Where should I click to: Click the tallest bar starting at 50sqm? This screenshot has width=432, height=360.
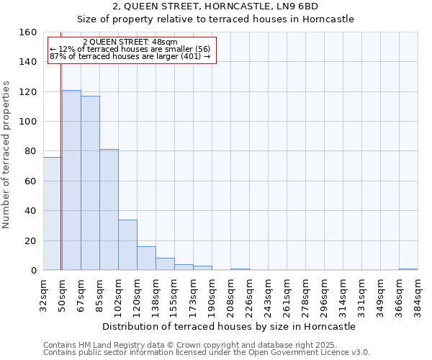click(71, 180)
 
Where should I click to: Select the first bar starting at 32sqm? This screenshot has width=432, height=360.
click(52, 214)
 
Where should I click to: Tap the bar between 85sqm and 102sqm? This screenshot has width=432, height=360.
click(109, 210)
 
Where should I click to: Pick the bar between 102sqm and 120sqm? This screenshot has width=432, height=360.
click(127, 245)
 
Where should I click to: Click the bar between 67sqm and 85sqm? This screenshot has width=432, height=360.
click(90, 183)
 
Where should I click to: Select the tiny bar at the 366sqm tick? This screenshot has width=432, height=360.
click(408, 269)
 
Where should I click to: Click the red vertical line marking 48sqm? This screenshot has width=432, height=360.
click(61, 166)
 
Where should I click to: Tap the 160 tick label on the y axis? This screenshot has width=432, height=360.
click(28, 32)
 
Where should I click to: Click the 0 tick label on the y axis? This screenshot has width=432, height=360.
click(33, 271)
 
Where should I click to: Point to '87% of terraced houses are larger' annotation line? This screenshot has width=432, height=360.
click(130, 56)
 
